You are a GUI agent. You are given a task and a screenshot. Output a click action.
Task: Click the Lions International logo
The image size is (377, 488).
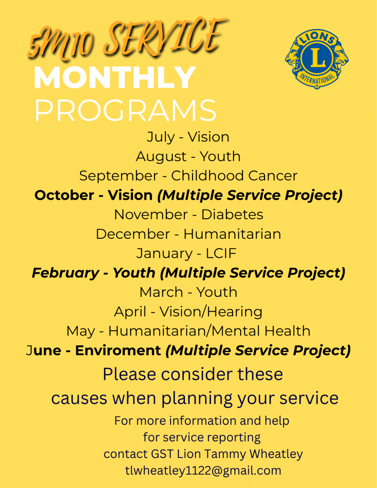click(317, 59)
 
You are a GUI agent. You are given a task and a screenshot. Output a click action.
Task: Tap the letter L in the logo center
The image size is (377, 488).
click(317, 58)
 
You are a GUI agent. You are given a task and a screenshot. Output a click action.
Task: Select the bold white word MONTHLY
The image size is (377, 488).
click(115, 77)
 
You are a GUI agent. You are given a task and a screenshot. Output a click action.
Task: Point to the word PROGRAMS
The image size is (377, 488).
click(125, 110)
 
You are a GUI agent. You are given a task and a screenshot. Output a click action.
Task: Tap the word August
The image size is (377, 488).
click(161, 157)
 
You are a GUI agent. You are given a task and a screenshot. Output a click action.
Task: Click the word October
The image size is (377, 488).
click(64, 195)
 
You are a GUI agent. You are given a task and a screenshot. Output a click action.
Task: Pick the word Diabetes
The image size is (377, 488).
click(232, 215)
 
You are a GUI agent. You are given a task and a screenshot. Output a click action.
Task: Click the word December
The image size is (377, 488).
click(133, 234)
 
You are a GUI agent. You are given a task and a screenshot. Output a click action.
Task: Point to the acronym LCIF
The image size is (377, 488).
click(221, 254)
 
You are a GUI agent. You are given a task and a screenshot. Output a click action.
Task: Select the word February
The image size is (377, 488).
click(65, 273)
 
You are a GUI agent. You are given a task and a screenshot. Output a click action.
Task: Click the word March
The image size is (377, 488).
click(161, 292)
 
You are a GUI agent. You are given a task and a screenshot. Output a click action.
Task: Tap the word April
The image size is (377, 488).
click(130, 312)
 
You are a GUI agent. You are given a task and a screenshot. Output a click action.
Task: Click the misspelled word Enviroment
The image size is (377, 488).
click(118, 351)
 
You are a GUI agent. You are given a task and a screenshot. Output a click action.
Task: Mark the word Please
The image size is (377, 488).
click(130, 374)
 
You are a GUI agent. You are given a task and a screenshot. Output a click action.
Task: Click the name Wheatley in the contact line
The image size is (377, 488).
click(276, 454)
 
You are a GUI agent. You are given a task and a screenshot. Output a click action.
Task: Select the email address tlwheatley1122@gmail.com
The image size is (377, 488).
click(204, 470)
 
